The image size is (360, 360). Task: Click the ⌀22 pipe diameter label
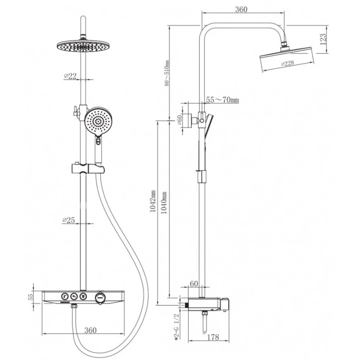(70, 76)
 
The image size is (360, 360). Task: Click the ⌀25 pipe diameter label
(69, 220)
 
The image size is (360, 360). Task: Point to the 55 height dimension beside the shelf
(31, 297)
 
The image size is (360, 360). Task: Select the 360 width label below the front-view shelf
(90, 330)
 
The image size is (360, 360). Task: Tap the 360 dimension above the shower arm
(241, 9)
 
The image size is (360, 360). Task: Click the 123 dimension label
(323, 39)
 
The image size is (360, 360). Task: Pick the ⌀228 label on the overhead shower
(288, 63)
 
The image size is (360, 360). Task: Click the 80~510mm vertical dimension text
(167, 73)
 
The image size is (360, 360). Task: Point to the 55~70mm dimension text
(222, 100)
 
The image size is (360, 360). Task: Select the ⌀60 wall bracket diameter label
(180, 120)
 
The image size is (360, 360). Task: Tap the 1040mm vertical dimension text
(164, 203)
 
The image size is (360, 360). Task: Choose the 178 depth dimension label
(213, 337)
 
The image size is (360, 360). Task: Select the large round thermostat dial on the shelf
(100, 297)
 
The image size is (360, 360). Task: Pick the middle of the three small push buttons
(74, 296)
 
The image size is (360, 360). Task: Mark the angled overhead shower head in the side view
(286, 59)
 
